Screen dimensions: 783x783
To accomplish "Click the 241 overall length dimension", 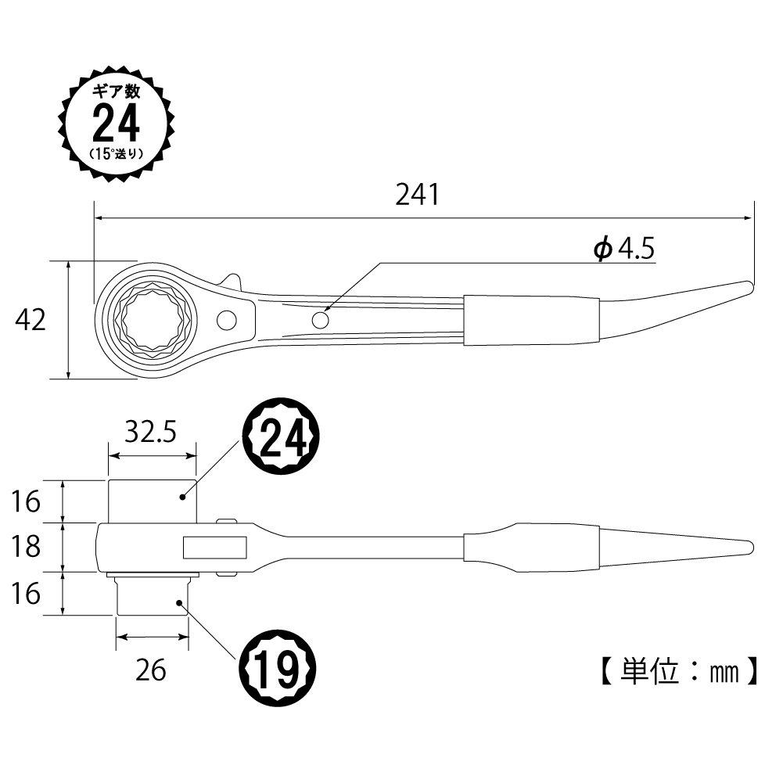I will tap(417, 194).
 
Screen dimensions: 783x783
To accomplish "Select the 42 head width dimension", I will tap(31, 319).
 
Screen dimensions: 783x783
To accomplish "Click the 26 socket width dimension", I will tap(151, 670).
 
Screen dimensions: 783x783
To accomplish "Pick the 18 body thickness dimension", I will tap(27, 546).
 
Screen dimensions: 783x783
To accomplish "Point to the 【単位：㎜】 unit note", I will tap(677, 670).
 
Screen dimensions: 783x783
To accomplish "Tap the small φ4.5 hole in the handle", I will tap(320, 320).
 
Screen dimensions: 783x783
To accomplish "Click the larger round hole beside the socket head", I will tap(228, 319).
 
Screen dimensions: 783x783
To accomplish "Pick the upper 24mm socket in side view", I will tap(152, 501).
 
